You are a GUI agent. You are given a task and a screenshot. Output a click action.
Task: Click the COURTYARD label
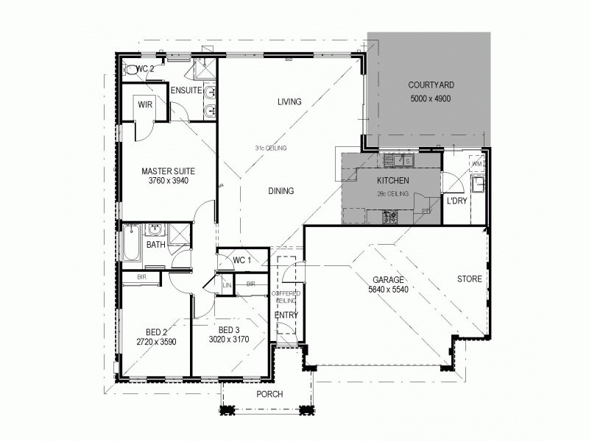coord(429,85)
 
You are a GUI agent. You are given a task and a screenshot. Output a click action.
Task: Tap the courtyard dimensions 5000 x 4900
coord(429,98)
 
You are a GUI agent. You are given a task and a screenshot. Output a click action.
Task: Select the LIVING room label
coord(289,101)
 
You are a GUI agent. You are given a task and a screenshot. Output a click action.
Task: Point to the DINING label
coord(281,191)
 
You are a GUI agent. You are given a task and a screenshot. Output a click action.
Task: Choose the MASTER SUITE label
coord(168,171)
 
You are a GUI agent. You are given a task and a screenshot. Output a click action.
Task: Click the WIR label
coord(144,104)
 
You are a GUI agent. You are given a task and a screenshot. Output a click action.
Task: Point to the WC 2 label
coord(145,68)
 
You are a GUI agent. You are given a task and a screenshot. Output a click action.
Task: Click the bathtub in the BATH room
coord(131,245)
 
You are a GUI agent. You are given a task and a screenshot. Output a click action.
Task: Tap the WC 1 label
coord(241,260)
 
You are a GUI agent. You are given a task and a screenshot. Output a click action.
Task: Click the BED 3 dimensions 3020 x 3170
coord(229,340)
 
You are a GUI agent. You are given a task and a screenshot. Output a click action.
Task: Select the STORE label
coord(469,279)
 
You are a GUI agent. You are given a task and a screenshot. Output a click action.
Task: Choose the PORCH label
coord(269,394)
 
